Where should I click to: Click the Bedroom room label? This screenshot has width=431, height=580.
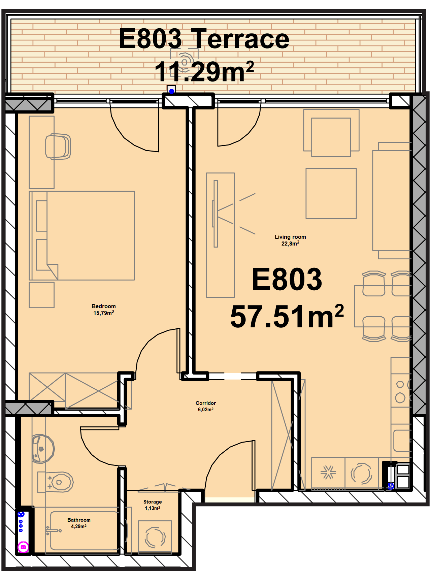coord(104,306)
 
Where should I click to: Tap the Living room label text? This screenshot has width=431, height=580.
coord(290,237)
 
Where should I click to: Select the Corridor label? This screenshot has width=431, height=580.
coord(206,403)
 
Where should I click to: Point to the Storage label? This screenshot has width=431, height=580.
coord(153,502)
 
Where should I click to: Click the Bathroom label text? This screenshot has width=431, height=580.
coord(79,520)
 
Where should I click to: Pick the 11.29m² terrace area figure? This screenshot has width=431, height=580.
coord(204,71)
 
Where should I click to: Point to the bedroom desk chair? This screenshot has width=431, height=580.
coord(58,147)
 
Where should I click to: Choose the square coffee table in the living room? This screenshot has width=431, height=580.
coord(331,193)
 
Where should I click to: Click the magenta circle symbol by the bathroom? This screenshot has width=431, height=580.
coord(23,547)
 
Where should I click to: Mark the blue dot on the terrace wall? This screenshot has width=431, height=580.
coord(171,91)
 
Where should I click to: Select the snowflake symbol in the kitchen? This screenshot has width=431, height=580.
coord(328,472)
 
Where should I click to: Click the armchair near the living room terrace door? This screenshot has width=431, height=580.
coord(331,133)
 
